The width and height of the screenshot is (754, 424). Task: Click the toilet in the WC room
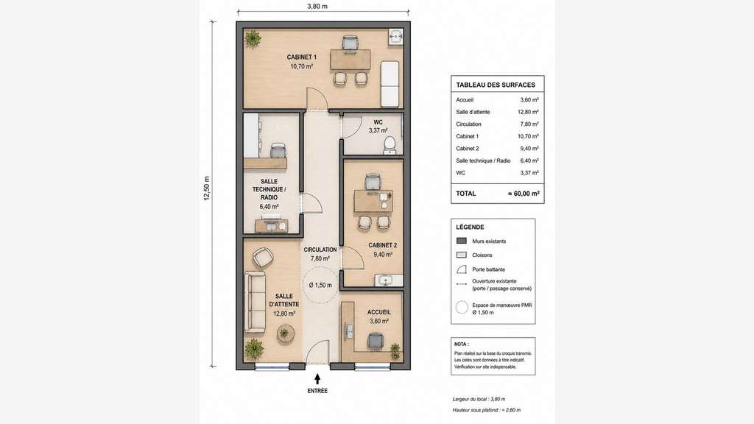(x=390, y=145)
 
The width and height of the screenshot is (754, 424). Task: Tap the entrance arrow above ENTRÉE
(x=317, y=379)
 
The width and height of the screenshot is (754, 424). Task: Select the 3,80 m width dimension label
(x=317, y=6)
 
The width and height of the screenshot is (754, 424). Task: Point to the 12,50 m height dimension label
(x=207, y=188)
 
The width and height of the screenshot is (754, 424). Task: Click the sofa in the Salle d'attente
(x=255, y=302)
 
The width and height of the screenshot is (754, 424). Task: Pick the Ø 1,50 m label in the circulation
(x=320, y=285)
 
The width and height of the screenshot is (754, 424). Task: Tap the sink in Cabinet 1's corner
(x=395, y=37)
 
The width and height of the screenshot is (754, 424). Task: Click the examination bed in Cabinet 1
(x=390, y=83)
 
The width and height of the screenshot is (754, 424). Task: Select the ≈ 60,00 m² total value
(x=524, y=194)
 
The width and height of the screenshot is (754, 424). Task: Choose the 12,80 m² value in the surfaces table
(x=528, y=112)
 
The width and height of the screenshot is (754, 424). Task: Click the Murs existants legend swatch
(x=462, y=241)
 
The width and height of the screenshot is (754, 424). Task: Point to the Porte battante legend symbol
(x=462, y=269)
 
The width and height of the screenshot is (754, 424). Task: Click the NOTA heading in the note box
(x=461, y=344)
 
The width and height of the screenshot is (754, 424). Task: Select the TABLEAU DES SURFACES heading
(x=496, y=85)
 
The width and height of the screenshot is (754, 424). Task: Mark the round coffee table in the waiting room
(x=285, y=333)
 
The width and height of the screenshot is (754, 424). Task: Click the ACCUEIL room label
(x=379, y=312)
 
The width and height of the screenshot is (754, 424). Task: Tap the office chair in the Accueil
(x=376, y=342)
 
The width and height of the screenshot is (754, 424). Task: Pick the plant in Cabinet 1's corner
(x=253, y=38)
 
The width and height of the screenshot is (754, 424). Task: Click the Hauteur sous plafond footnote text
(x=486, y=410)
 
